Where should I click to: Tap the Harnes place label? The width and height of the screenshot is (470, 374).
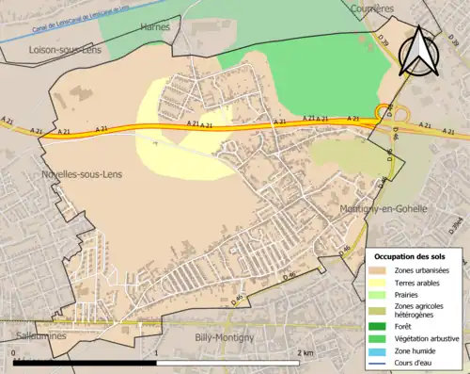pos(155,27)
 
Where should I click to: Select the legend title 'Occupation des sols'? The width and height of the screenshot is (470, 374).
pos(410,256)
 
